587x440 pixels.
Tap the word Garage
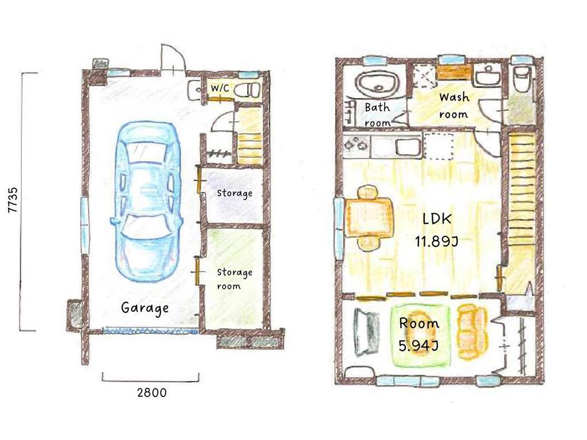point(145,308)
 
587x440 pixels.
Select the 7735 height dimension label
point(13,200)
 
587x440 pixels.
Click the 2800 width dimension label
point(151,392)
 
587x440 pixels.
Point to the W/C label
point(220,88)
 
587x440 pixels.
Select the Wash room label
point(454,105)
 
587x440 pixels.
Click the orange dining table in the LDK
point(369,217)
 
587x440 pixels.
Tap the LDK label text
point(437,218)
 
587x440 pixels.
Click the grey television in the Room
point(366,332)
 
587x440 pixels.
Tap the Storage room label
point(234,279)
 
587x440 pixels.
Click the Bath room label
point(377,115)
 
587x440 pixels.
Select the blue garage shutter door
point(150,331)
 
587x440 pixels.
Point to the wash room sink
point(488,77)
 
